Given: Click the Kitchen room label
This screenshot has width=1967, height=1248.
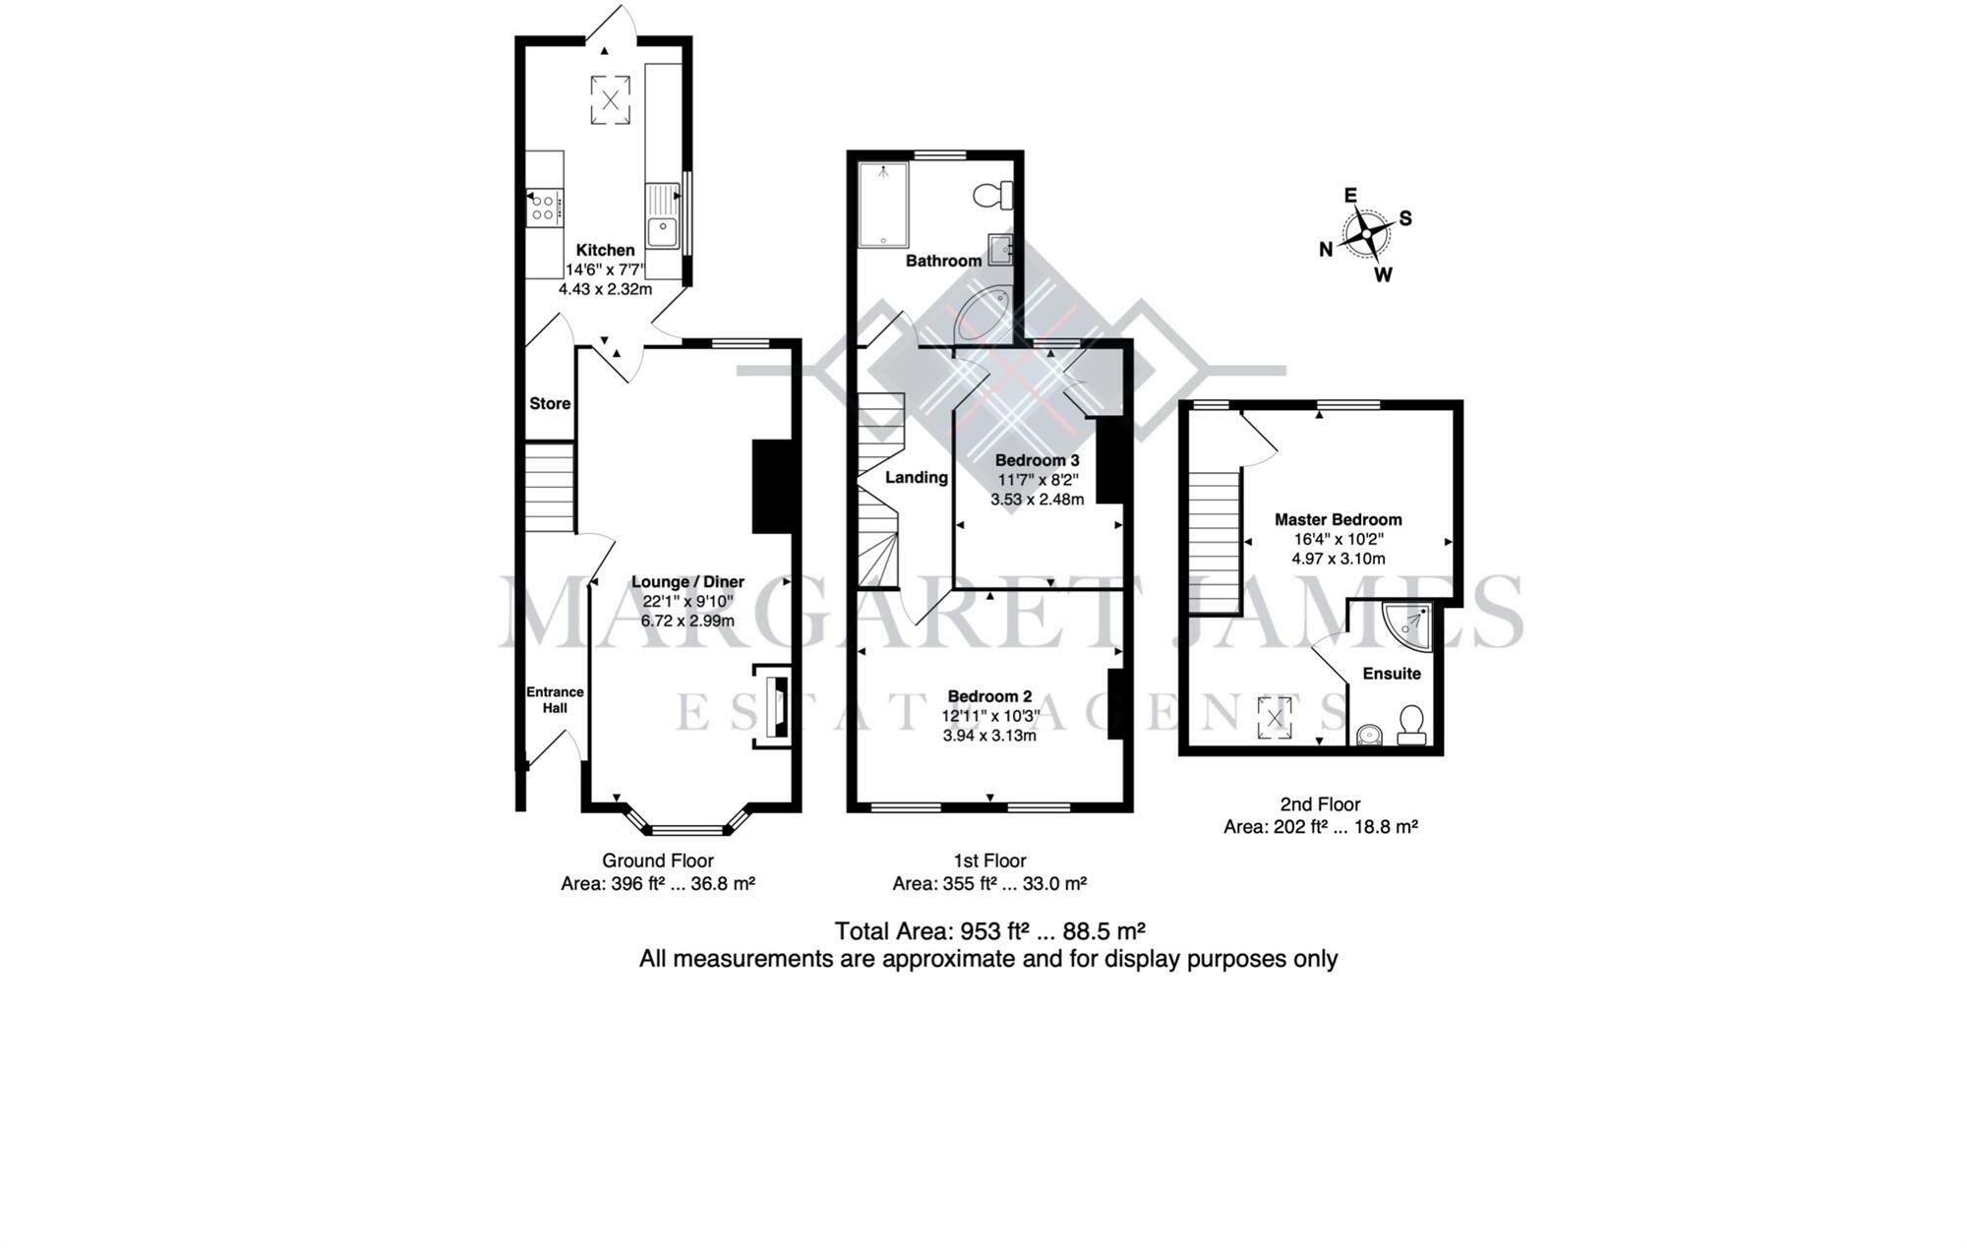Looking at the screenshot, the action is (605, 250).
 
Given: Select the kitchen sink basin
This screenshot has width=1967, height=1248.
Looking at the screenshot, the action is (663, 232).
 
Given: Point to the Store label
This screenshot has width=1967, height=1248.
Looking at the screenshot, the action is (550, 403).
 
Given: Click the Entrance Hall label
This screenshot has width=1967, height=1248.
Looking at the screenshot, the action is (555, 699).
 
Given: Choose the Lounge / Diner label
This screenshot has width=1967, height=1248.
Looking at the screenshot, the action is (687, 581).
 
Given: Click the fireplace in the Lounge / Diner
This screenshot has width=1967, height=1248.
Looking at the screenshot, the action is (773, 706).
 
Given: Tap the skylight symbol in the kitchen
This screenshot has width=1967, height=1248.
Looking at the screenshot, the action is (611, 99).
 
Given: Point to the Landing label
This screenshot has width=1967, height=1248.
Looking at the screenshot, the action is (917, 477).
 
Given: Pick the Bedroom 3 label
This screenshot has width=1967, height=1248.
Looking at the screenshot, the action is (1037, 460).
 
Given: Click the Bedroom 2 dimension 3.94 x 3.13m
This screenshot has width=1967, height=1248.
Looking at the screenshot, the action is (989, 736).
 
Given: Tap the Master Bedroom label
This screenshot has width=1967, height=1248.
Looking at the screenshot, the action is (1339, 519).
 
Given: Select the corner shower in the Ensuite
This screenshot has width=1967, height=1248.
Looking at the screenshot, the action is (1408, 626).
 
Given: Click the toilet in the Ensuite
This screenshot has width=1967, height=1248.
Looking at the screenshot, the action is (1412, 725).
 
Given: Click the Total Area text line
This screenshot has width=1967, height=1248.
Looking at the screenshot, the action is (989, 930).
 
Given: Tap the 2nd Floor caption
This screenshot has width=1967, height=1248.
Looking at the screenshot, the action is (1320, 804).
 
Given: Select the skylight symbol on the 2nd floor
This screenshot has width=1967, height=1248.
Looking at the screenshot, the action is (1275, 718).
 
